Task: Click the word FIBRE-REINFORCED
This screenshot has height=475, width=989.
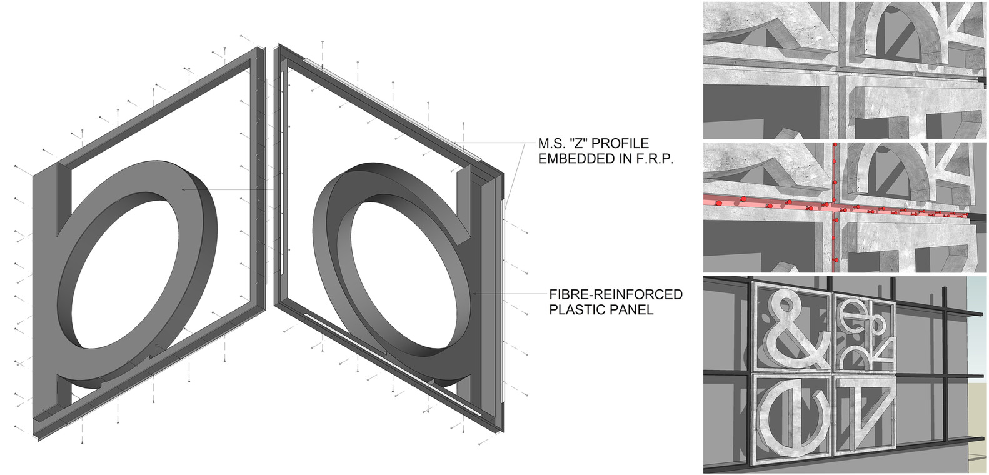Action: (616, 294)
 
